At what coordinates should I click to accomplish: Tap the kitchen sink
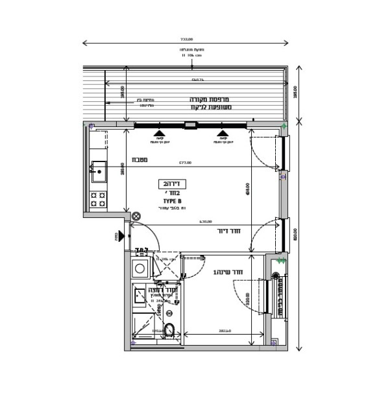[x=99, y=171]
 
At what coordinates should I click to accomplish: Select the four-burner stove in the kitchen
[x=98, y=199]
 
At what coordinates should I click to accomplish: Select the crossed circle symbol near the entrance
[x=136, y=217]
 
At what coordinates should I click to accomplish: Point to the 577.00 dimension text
[x=186, y=163]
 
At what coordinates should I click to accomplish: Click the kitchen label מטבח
[x=140, y=160]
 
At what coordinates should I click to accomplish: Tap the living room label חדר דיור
[x=230, y=231]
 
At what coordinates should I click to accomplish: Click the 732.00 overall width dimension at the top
[x=186, y=40]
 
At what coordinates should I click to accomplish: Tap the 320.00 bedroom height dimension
[x=249, y=299]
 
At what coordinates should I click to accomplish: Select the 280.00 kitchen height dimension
[x=123, y=170]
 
